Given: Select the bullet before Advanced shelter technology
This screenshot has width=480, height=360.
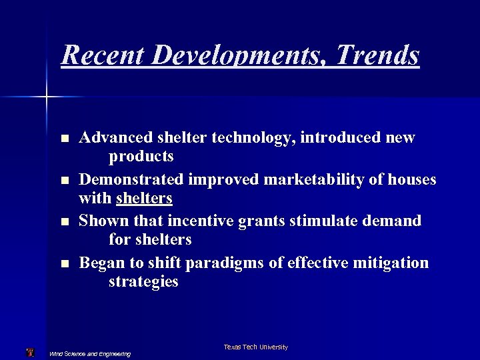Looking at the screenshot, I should [x=64, y=139].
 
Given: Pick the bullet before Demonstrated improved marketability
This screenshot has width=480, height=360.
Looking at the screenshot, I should [x=64, y=180].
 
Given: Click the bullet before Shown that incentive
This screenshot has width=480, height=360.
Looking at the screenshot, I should [x=64, y=222].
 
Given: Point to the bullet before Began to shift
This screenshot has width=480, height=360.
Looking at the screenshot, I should [x=64, y=264].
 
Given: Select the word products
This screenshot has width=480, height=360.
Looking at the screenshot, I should [x=141, y=157].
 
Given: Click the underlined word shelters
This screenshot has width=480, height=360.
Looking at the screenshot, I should [x=144, y=198].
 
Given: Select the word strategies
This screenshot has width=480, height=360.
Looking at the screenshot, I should [x=143, y=281].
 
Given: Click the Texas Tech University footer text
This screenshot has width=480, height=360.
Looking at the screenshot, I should [x=256, y=347].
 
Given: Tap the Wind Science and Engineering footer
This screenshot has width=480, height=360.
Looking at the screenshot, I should [x=91, y=353].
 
